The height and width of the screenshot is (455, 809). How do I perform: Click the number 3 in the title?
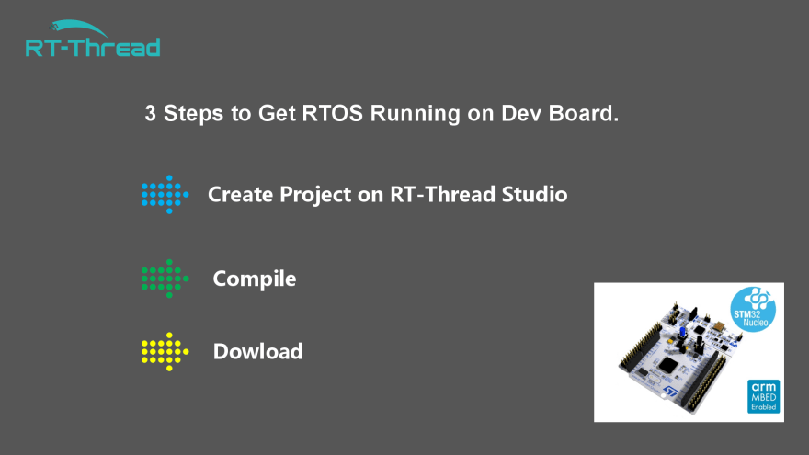pos(150,113)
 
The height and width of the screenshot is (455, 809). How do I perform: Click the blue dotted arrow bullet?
pos(165,195)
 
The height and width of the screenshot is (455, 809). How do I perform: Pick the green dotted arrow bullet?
pos(165,279)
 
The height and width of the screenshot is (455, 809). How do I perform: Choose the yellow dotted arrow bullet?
pos(165,352)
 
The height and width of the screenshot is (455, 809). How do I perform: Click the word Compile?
pos(255,279)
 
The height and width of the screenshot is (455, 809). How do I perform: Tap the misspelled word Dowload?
pos(258,351)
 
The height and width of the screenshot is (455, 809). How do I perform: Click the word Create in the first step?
pos(241,195)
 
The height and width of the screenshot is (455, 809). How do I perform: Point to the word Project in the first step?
pos(315,195)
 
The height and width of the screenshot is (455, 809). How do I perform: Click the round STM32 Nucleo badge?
pos(753,310)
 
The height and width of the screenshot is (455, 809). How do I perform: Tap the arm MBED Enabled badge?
pos(764,396)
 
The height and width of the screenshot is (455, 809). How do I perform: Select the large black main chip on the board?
pos(668,365)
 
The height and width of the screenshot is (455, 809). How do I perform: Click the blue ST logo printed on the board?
pos(670,392)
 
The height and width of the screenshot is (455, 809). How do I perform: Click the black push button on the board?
pos(700,342)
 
